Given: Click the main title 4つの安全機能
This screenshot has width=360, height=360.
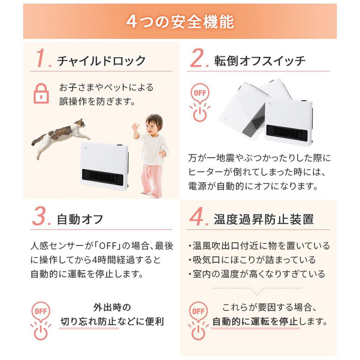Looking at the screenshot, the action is pos(180,22).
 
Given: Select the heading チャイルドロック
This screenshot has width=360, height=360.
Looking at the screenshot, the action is pos(101,61).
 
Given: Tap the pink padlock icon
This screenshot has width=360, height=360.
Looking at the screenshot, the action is pos(41,93).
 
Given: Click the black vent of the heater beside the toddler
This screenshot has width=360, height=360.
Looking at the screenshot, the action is pos(103,177).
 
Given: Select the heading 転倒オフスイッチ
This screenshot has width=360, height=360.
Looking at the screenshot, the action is pos(260,61).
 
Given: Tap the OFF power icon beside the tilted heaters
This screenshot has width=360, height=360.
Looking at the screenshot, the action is pos(200,102).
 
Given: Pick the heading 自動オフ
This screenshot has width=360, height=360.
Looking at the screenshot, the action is pos(80,219).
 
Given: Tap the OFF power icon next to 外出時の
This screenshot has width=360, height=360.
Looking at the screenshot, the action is pos(41,321).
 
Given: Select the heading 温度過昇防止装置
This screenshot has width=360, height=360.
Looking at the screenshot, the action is pos(264,219).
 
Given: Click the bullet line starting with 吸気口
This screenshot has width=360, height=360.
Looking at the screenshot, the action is pos(252,260).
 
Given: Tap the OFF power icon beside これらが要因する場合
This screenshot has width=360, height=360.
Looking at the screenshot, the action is pos(199,321).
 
